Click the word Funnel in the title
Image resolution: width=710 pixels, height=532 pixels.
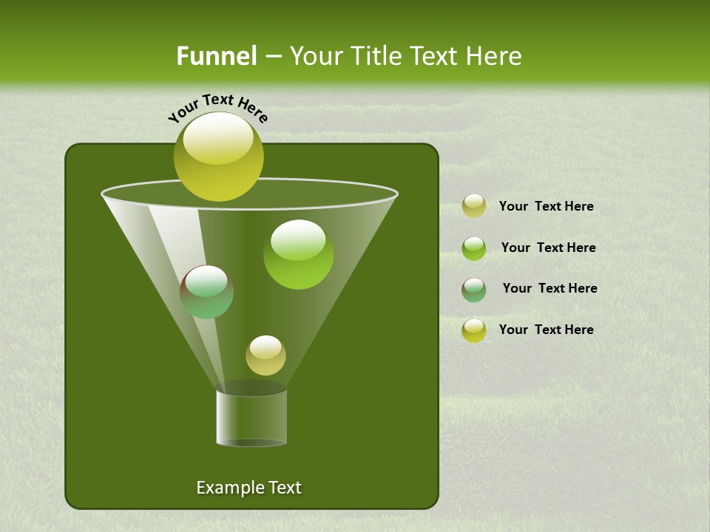(216, 56)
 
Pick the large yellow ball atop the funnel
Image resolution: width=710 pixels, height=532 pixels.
(219, 156)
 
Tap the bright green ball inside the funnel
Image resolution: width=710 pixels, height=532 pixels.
(298, 253)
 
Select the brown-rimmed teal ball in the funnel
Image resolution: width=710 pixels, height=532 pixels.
(206, 292)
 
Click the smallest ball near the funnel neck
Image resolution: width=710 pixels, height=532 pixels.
(266, 355)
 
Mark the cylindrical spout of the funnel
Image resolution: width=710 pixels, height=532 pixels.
(251, 417)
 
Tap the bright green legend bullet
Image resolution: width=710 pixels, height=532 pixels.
(473, 248)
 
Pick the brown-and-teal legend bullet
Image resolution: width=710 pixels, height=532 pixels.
(473, 290)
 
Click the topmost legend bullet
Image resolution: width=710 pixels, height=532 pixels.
(473, 206)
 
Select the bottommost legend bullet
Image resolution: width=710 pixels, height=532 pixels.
(473, 330)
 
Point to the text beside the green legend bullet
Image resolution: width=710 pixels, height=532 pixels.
(548, 248)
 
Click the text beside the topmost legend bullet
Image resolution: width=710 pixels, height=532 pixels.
(546, 206)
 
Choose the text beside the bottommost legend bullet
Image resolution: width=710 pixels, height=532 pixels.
(546, 330)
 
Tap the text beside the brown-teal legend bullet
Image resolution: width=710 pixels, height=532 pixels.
(550, 288)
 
